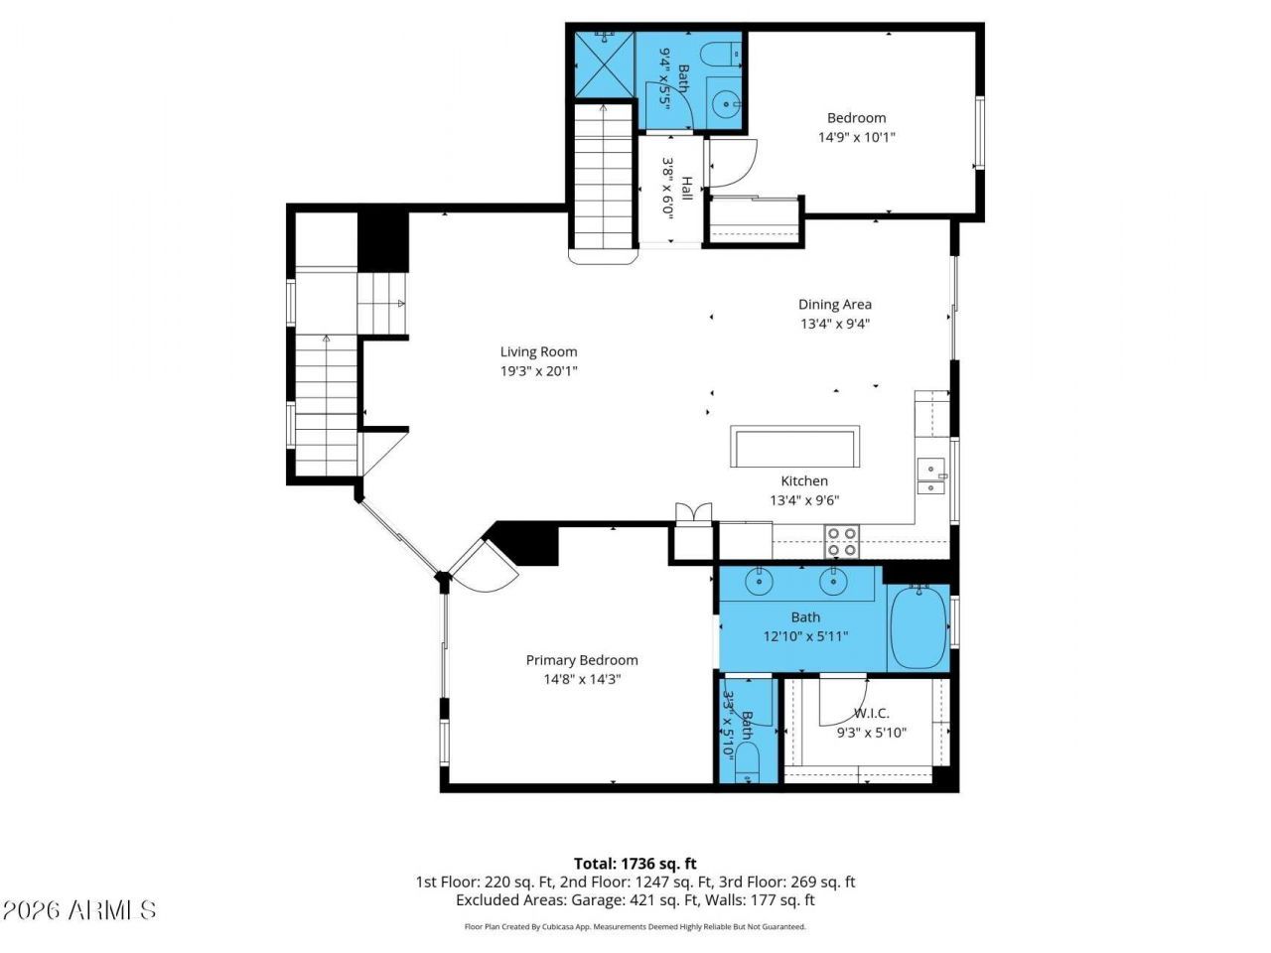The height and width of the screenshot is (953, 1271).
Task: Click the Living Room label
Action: click(538, 351)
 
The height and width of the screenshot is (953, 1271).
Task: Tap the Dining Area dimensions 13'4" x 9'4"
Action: click(835, 324)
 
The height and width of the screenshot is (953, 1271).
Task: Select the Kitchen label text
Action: click(804, 480)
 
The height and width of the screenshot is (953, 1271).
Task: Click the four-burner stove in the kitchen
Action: click(842, 542)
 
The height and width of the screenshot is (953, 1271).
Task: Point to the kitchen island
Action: click(794, 446)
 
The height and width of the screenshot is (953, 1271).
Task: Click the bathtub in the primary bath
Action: click(918, 627)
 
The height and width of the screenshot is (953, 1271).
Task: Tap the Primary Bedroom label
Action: click(582, 660)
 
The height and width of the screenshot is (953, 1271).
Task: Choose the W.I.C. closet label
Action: click(872, 714)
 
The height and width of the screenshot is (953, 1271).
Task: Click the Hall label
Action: click(687, 189)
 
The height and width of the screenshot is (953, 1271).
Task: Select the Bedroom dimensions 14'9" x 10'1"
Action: click(856, 138)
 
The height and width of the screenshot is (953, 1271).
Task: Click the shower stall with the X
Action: click(605, 65)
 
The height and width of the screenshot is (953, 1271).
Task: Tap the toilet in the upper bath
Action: click(721, 56)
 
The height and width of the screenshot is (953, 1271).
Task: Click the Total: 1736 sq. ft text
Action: click(635, 864)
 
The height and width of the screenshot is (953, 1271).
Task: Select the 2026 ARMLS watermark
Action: click(78, 910)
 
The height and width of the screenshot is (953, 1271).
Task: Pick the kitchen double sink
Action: click(930, 476)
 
